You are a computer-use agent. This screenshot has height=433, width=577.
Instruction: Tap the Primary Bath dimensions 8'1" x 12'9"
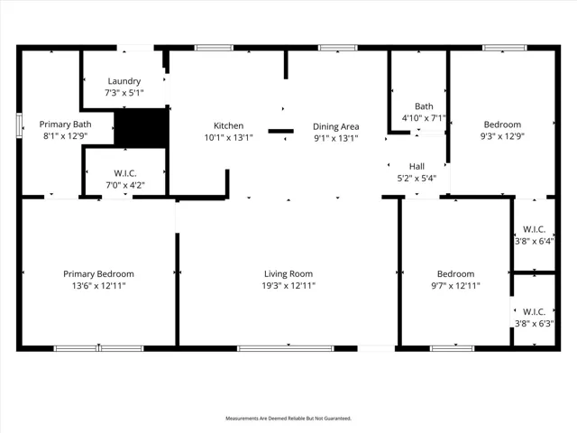point(65,136)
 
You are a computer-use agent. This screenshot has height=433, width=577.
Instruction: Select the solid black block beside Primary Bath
point(142,127)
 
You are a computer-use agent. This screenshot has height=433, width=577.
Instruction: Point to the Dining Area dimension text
point(336,138)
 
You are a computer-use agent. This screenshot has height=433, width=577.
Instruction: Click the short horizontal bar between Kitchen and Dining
point(280,131)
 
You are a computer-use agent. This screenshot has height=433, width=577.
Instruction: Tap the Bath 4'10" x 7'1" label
point(424,112)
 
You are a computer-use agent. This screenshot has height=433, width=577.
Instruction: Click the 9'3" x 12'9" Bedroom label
point(502,130)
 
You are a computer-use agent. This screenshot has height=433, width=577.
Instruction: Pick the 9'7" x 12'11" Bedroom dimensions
point(455,285)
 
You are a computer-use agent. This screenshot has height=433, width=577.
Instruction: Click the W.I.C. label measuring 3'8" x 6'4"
point(534,235)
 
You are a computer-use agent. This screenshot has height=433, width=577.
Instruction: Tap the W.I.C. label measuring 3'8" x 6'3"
point(534,318)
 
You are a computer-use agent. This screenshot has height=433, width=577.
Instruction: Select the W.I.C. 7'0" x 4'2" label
point(125,179)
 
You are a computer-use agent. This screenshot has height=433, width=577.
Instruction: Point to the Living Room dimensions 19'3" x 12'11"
point(288,285)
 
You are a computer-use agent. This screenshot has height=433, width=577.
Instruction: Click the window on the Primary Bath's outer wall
point(19,125)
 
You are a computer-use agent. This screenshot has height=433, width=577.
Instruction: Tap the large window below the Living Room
point(286,348)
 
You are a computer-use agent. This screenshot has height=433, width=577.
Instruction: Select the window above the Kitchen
point(214,48)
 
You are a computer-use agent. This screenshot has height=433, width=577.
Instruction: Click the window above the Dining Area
point(338,48)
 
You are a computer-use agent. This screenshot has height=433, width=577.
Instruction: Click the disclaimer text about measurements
point(288,419)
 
